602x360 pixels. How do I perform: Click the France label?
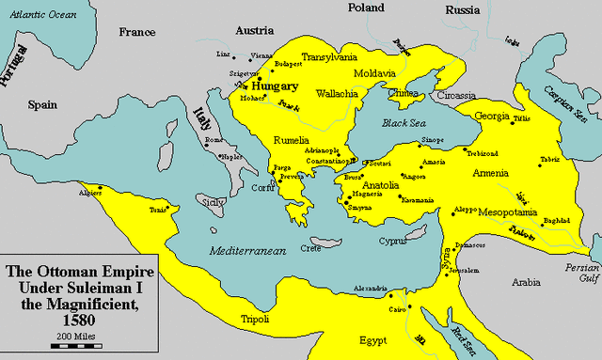coord(136,32)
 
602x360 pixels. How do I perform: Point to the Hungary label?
coord(275,86)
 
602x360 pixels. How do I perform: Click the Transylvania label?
coord(334,57)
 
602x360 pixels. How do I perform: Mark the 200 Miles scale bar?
coord(72,347)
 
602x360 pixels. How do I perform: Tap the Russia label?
coord(463,10)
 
